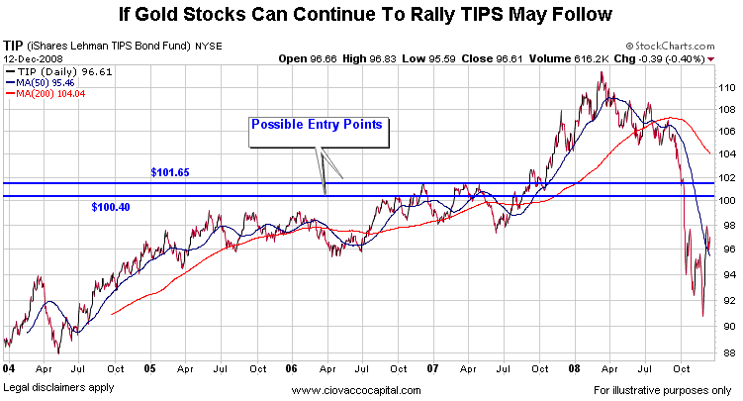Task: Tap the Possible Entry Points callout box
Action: (317, 125)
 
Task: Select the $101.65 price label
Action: (169, 172)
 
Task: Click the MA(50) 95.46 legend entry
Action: (45, 82)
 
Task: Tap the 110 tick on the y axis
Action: (725, 88)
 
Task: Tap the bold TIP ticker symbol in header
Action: (14, 46)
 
